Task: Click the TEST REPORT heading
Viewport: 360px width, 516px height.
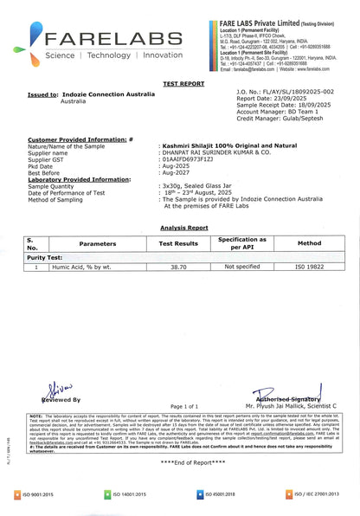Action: [180, 85]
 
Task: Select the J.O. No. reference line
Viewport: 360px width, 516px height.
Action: [284, 90]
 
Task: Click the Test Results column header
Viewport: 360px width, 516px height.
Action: [179, 244]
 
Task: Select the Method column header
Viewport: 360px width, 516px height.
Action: [309, 244]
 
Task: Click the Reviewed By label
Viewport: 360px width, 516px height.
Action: [61, 400]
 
